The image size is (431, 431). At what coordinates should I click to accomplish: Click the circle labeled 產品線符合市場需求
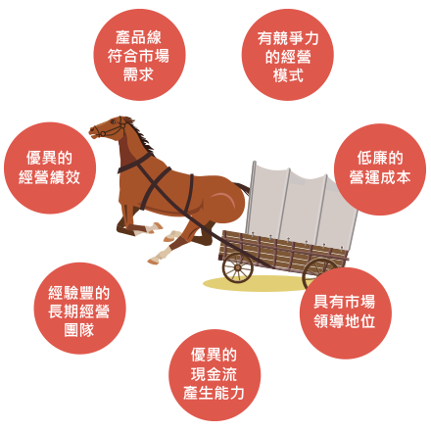point(139,55)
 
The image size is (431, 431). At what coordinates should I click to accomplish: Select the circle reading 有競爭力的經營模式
point(288,55)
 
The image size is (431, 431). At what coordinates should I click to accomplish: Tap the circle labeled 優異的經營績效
point(50,168)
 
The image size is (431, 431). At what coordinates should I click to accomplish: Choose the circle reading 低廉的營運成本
point(380,169)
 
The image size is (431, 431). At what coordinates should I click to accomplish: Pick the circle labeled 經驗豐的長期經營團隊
point(79,309)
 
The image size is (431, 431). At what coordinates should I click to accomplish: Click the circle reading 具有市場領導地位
point(346,312)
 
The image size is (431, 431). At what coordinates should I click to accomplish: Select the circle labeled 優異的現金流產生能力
point(215,375)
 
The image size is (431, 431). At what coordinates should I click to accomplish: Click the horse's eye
point(113,122)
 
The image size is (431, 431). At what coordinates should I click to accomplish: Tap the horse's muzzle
point(93,131)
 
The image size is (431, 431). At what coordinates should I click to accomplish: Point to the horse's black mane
point(139,134)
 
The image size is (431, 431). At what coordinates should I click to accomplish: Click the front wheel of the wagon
point(238,267)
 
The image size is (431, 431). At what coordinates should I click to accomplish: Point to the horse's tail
point(242,188)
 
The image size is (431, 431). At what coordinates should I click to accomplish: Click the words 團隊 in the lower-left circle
point(79,330)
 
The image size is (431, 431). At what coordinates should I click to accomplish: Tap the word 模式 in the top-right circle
point(288,75)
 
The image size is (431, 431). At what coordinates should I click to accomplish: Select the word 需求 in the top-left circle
point(138,74)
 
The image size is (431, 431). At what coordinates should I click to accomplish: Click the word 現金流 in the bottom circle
point(214,374)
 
